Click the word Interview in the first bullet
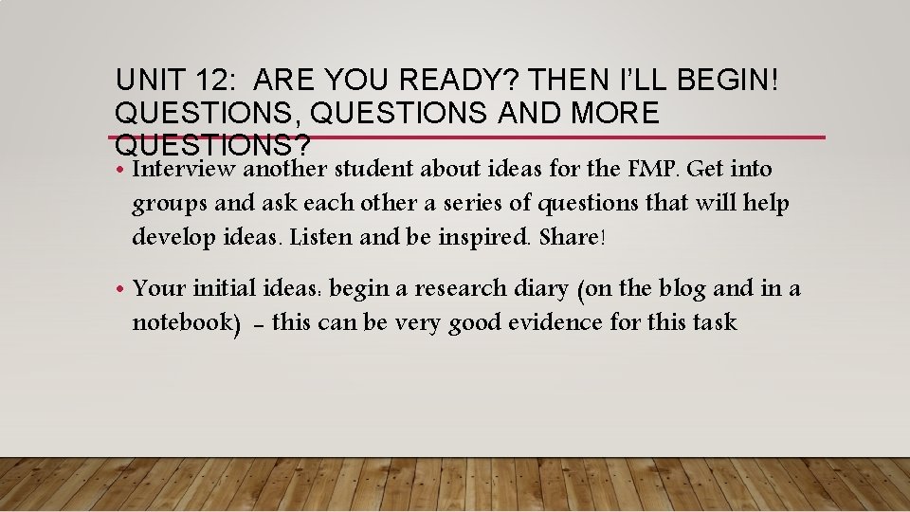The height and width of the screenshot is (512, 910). (185, 169)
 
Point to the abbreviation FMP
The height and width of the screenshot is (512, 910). (654, 169)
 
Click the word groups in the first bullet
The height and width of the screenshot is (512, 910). (164, 204)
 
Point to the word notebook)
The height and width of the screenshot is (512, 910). (186, 322)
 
